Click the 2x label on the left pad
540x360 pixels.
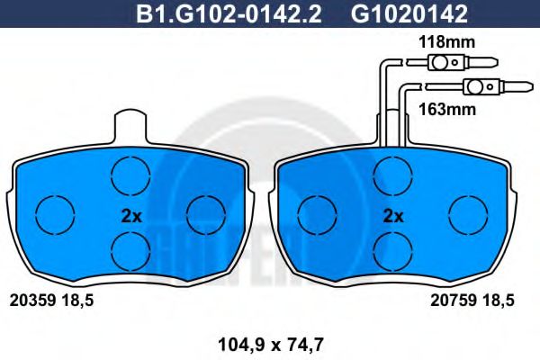click(131, 216)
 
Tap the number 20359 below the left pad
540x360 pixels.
click(30, 301)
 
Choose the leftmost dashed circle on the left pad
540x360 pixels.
click(53, 214)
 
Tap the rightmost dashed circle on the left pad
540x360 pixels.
click(204, 214)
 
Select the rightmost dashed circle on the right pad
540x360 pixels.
click(466, 214)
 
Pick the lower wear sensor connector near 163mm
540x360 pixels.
click(476, 87)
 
